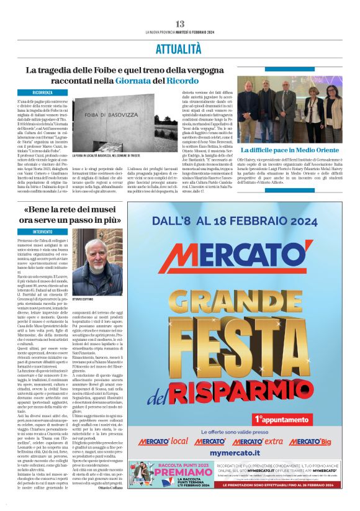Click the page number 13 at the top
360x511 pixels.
click(179, 24)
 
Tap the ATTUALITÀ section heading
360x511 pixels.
click(179, 48)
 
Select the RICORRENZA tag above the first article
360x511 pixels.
click(44, 93)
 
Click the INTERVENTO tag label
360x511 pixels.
click(43, 232)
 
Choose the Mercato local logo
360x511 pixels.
click(161, 441)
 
